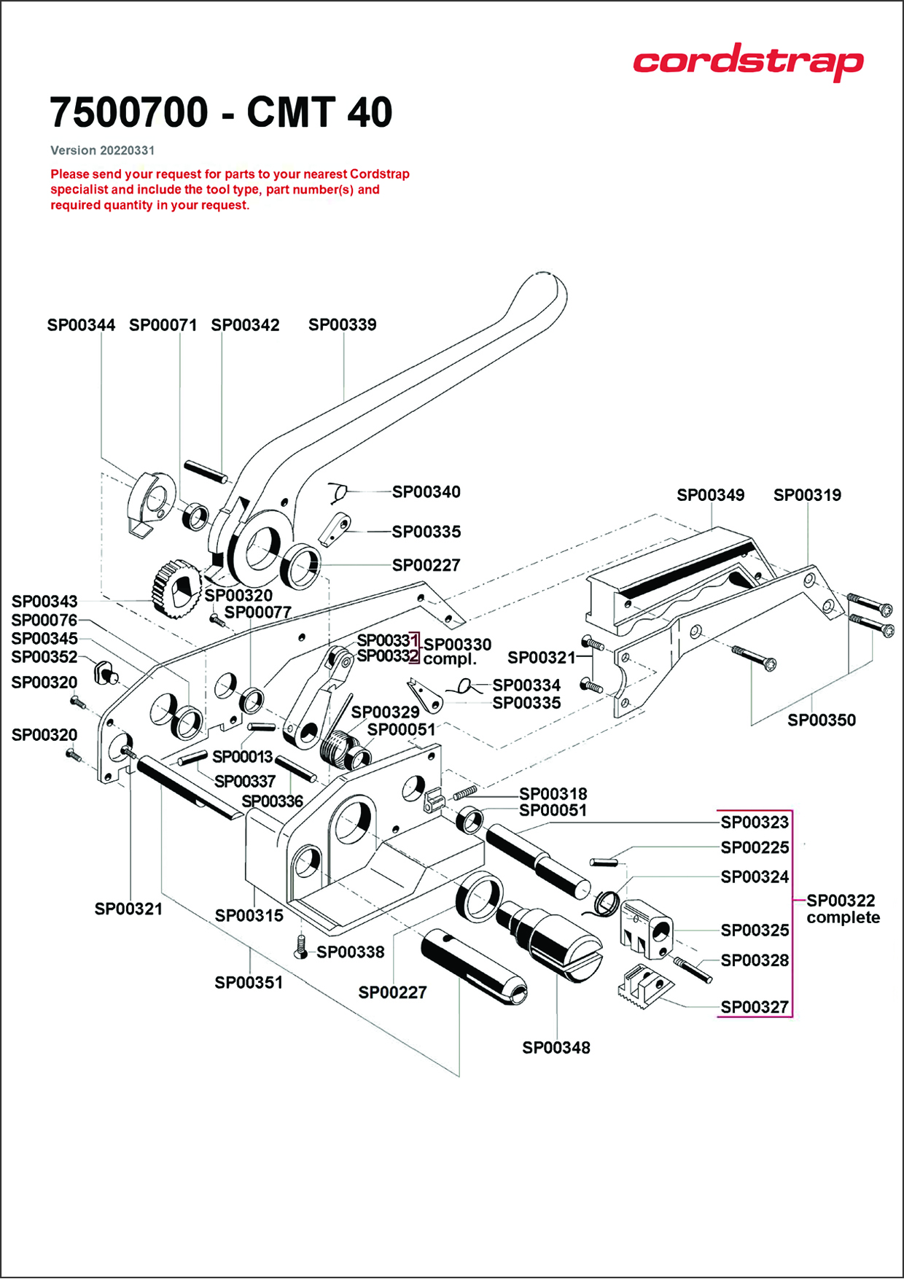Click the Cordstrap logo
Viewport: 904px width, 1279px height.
point(748,61)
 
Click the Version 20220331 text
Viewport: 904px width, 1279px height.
point(102,150)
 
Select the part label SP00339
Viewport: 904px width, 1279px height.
point(342,324)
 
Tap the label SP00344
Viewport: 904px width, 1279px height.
point(81,325)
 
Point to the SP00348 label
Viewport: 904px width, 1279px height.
point(556,1048)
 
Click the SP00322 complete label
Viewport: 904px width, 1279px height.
point(842,909)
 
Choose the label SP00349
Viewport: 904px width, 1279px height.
point(710,495)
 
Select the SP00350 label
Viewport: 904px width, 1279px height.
point(821,720)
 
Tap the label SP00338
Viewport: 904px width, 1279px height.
point(350,952)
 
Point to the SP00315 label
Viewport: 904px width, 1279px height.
point(249,916)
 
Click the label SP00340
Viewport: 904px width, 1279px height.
point(426,492)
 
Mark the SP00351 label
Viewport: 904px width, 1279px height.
point(248,983)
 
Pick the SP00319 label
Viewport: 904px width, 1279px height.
point(807,495)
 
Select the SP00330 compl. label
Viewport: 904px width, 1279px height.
point(456,651)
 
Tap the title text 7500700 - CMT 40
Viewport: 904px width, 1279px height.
point(221,112)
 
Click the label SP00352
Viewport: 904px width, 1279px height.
point(44,657)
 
